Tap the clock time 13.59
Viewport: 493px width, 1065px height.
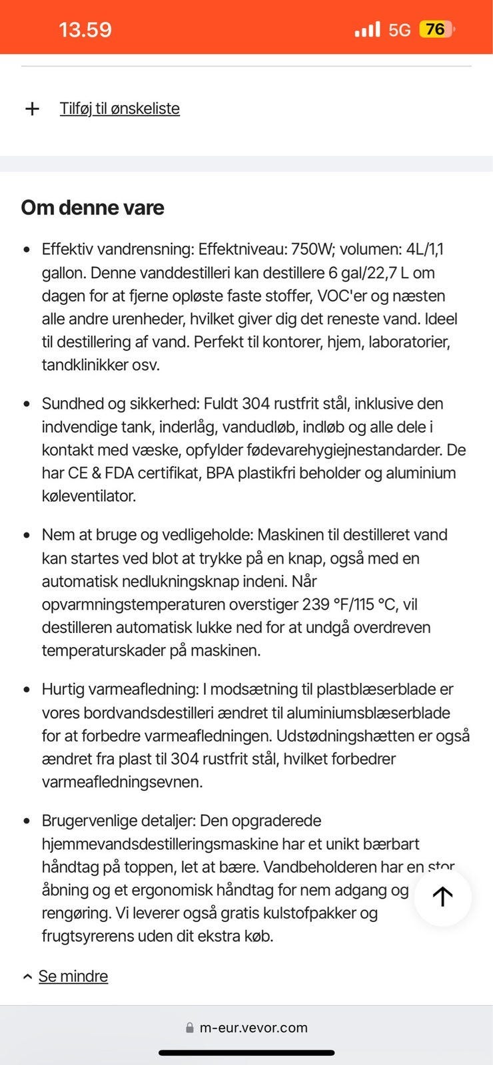pyautogui.click(x=85, y=30)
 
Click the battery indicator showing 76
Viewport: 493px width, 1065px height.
pyautogui.click(x=436, y=29)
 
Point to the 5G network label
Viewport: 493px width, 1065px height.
pyautogui.click(x=399, y=30)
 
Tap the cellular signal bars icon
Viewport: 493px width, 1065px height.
pyautogui.click(x=367, y=29)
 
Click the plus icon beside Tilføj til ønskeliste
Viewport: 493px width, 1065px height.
pyautogui.click(x=32, y=108)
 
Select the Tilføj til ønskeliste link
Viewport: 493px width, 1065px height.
pyautogui.click(x=120, y=108)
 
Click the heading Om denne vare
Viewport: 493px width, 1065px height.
pyautogui.click(x=93, y=208)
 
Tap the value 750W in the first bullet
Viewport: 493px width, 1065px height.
pyautogui.click(x=313, y=250)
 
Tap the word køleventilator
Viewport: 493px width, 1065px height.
pyautogui.click(x=89, y=496)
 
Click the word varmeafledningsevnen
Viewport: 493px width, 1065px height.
pyautogui.click(x=122, y=782)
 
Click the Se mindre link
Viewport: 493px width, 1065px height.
pyautogui.click(x=73, y=976)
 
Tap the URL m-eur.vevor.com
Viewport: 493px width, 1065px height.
pyautogui.click(x=253, y=1028)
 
